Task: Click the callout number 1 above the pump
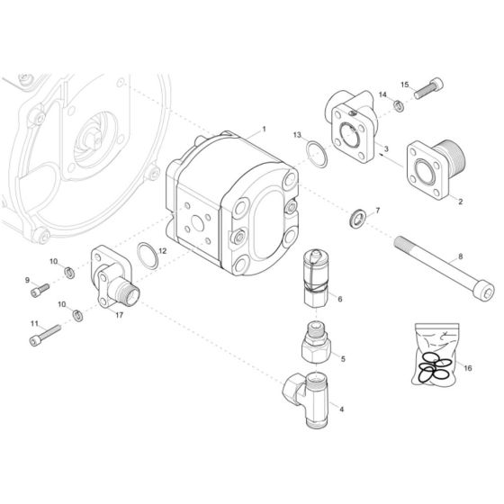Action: (264, 130)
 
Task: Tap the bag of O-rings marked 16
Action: (435, 353)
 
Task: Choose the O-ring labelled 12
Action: (148, 256)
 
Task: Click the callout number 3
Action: (386, 148)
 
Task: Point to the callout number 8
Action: (461, 256)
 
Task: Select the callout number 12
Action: (162, 250)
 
